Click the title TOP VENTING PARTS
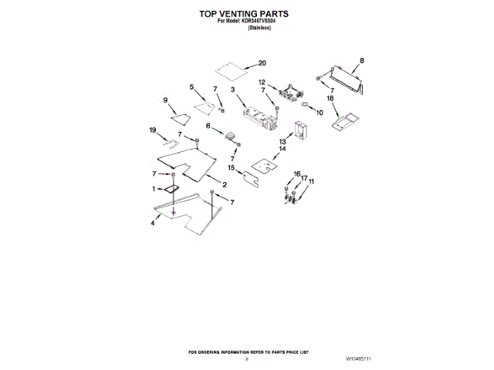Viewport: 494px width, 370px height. (246, 14)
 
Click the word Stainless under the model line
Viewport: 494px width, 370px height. (248, 29)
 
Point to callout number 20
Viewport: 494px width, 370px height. (262, 63)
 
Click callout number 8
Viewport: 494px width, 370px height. (362, 60)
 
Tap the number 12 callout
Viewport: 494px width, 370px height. (262, 82)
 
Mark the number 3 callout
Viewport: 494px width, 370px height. (232, 90)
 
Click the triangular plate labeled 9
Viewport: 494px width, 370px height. (181, 118)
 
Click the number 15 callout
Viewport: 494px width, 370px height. (231, 167)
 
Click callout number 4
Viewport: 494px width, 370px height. (153, 222)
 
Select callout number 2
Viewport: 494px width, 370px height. (224, 185)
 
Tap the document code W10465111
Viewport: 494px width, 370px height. (358, 359)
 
